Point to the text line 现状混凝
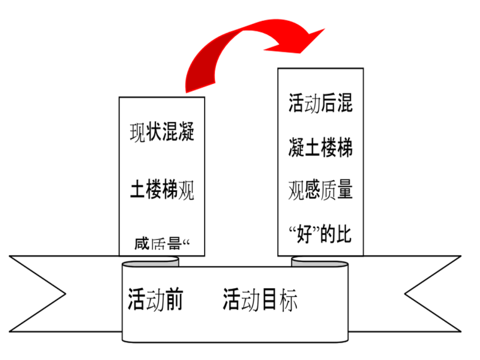click(162, 133)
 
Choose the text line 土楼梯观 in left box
click(162, 189)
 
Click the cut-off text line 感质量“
click(162, 244)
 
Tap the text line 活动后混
click(320, 104)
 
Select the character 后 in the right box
click(328, 104)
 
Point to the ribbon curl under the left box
click(152, 262)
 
